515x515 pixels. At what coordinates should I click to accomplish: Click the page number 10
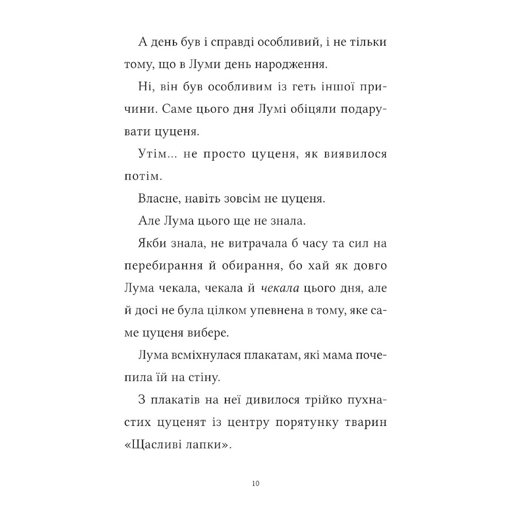pyautogui.click(x=257, y=483)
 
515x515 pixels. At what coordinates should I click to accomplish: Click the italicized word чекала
pyautogui.click(x=278, y=289)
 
